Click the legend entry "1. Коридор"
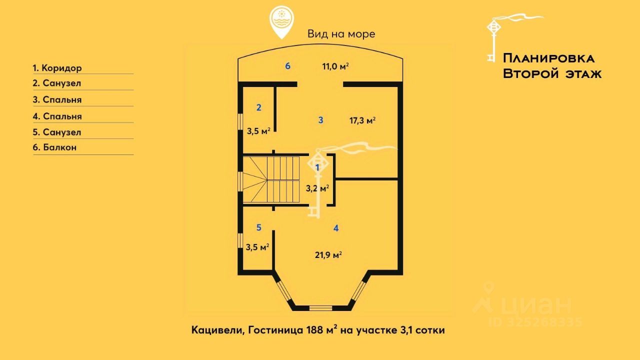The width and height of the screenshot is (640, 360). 57,68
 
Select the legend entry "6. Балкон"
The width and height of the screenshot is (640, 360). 54,147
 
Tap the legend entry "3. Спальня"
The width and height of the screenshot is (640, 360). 57,99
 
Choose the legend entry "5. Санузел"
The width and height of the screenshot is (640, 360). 56,132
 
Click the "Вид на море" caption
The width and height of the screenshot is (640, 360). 341,34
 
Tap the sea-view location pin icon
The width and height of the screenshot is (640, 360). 281,22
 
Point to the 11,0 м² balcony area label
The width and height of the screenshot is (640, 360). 335,66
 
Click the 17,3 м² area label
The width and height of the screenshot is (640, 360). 362,120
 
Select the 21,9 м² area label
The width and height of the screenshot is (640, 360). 328,254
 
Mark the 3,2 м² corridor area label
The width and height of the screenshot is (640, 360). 317,188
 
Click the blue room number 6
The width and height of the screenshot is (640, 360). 288,65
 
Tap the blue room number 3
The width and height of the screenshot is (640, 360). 321,119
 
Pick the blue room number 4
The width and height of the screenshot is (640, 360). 336,228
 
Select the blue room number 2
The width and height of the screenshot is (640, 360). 258,107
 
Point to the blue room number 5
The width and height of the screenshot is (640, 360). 258,227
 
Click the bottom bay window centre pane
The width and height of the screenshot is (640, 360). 320,307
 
